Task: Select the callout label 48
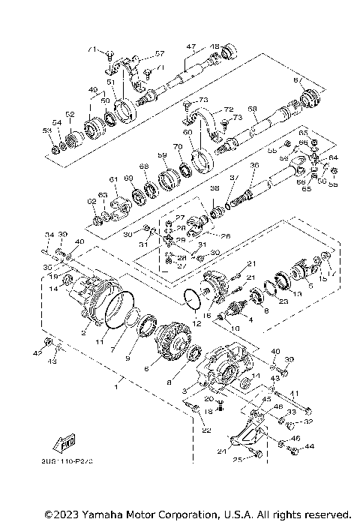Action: [x=214, y=46]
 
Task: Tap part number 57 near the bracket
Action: [x=159, y=54]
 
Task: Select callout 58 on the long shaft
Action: [x=253, y=109]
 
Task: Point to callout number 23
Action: [x=283, y=303]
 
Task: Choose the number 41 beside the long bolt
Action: [x=295, y=393]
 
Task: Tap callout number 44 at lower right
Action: [x=310, y=447]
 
